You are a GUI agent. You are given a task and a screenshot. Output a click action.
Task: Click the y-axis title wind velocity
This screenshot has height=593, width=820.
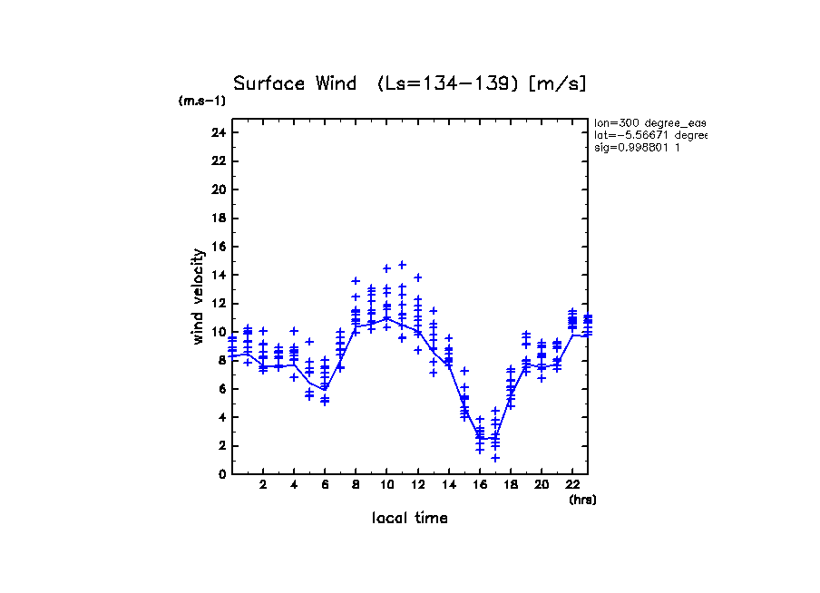pos(198,296)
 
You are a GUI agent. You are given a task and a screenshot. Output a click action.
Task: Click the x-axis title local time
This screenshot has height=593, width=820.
pos(409,518)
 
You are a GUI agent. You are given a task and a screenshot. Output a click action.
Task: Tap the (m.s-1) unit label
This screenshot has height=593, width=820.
pos(202,101)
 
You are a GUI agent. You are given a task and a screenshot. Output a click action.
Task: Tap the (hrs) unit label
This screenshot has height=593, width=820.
pos(582,499)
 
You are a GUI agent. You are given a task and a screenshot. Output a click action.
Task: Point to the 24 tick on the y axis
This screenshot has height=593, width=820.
pos(218,132)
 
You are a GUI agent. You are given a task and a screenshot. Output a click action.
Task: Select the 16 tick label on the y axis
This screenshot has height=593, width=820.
pos(218,247)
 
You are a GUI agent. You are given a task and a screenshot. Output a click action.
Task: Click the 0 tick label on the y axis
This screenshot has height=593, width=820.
pos(221,473)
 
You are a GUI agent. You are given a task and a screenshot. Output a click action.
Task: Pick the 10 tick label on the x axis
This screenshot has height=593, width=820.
pos(386,486)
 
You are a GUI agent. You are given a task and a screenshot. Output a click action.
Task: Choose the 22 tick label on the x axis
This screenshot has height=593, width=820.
pos(572,486)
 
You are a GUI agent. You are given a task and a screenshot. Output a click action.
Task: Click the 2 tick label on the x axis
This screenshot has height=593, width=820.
pos(263,486)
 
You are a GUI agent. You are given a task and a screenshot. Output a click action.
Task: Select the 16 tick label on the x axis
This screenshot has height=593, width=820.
pos(479,486)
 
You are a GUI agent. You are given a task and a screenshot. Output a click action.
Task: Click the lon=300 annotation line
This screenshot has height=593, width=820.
pos(649,122)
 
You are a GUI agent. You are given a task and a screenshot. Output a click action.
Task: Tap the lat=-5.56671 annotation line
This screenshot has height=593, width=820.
pos(649,134)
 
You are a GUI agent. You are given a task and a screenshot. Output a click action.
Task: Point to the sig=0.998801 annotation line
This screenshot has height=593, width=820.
pos(638,147)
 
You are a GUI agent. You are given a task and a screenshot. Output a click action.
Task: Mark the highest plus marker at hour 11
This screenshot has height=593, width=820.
pos(402,265)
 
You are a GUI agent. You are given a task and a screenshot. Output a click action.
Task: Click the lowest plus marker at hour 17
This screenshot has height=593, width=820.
pos(495,458)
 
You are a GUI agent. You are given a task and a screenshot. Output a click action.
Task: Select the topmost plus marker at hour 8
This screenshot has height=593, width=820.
pos(356,281)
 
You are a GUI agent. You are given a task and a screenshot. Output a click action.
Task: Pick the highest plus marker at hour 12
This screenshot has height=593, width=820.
pos(418,277)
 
